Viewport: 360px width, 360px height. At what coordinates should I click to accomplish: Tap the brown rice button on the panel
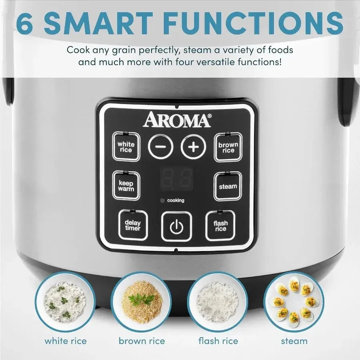[x=228, y=148]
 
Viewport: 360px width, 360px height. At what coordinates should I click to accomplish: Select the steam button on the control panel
[x=228, y=186]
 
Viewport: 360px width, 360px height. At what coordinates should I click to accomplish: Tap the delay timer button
[x=132, y=225]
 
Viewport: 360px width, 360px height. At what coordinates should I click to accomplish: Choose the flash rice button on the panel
[x=220, y=226]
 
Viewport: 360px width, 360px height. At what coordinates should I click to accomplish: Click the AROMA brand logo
[x=177, y=120]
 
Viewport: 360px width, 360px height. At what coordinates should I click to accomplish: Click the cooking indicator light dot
[x=162, y=200]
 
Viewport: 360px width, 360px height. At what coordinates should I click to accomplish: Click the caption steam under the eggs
[x=294, y=341]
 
